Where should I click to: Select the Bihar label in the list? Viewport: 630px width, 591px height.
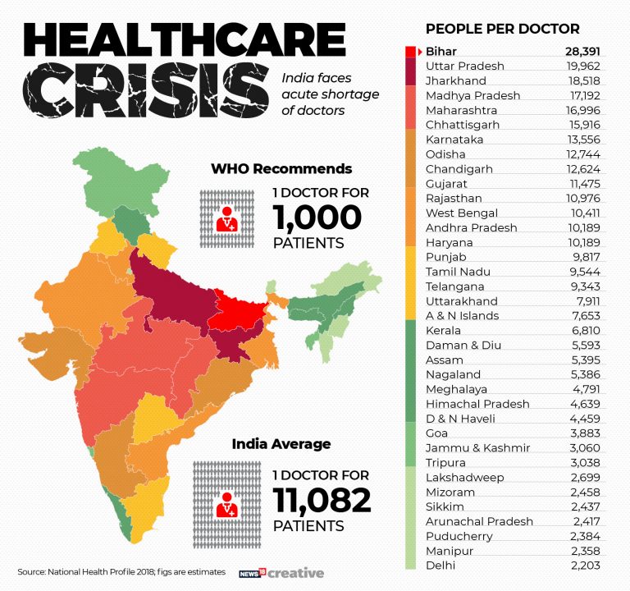tap(441, 51)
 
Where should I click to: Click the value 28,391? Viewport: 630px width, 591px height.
tap(582, 51)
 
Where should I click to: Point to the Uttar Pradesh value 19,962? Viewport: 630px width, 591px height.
tap(582, 66)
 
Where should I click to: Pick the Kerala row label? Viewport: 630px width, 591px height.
tap(443, 330)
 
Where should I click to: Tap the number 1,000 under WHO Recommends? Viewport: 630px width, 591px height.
tap(317, 218)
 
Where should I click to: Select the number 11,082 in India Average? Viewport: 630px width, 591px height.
tap(322, 500)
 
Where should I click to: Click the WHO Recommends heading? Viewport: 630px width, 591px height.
tap(281, 169)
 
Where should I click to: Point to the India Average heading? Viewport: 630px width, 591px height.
tap(281, 444)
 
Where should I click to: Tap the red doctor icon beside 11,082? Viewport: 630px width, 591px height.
tap(224, 502)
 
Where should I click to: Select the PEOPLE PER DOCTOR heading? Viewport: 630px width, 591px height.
tap(502, 29)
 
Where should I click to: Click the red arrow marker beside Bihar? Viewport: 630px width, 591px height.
tap(419, 51)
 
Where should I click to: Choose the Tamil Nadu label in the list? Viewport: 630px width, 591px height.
tap(458, 272)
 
